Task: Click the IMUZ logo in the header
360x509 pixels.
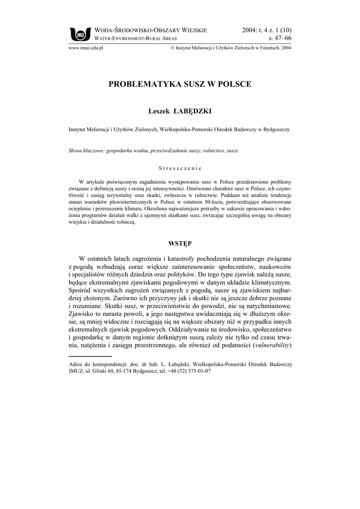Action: tap(80, 33)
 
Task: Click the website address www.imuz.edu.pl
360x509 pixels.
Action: tap(85, 48)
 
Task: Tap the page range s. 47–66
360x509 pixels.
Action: tap(280, 38)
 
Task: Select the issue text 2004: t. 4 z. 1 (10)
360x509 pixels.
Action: tap(267, 30)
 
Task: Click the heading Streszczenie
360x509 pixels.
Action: tap(180, 168)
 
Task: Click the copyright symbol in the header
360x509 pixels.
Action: tap(172, 48)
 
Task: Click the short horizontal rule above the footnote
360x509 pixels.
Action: tap(90, 356)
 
